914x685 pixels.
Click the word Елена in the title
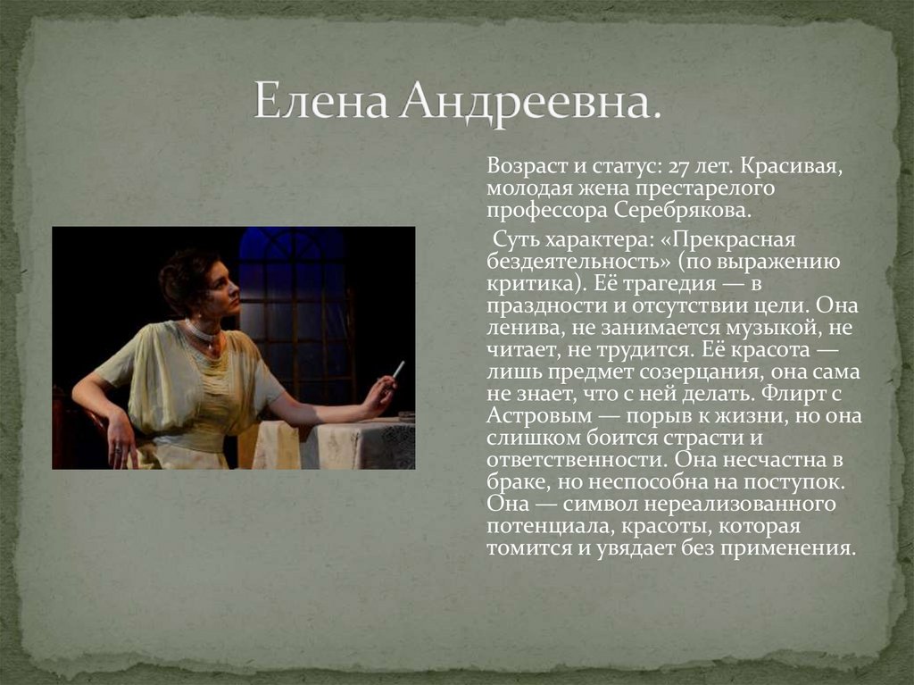click(320, 100)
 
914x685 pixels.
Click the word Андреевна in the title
click(531, 100)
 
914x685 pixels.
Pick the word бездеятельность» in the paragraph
click(577, 262)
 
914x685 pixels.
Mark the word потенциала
click(545, 525)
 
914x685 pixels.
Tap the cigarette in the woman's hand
click(398, 369)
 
